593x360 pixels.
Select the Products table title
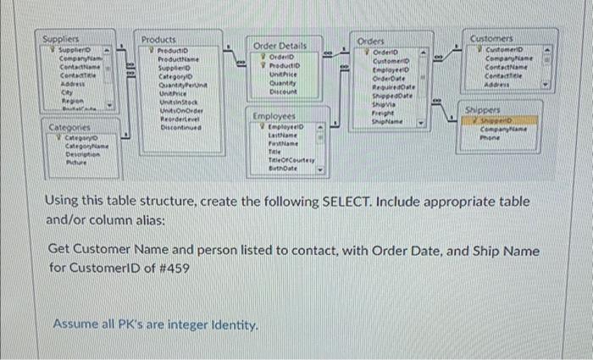[158, 39]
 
